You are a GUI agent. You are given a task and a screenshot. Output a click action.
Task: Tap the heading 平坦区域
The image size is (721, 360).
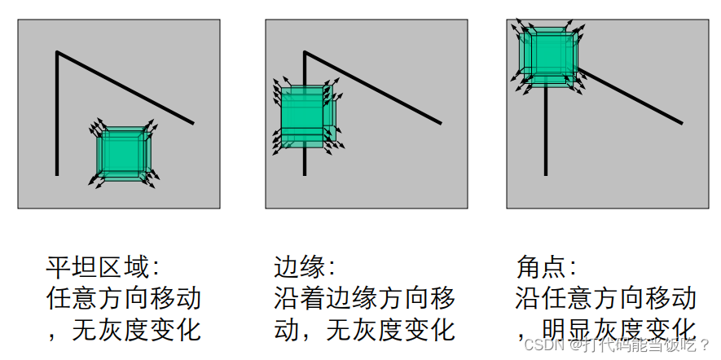98,266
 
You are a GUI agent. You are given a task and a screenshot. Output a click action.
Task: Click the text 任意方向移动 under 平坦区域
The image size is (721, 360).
124,297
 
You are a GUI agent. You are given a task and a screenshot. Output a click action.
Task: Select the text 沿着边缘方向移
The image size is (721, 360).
364,297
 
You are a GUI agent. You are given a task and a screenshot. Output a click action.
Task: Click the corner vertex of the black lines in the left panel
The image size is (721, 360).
57,53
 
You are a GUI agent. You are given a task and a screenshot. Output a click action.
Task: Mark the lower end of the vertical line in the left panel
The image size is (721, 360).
57,173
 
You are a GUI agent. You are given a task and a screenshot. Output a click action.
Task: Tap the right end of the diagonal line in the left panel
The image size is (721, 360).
193,123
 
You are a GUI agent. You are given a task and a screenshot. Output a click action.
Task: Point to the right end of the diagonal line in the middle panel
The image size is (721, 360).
441,123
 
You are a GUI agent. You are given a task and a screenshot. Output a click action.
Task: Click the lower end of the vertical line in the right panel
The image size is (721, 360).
546,173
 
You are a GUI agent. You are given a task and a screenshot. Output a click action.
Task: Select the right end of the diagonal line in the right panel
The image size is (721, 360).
682,123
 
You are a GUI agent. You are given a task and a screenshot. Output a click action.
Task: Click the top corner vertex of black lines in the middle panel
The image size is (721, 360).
305,53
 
